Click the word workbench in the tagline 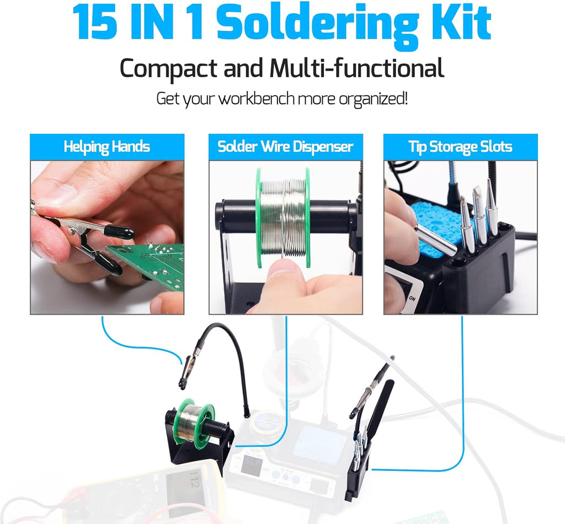pyautogui.click(x=257, y=99)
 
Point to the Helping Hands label pyautogui.click(x=106, y=147)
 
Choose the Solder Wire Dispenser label pyautogui.click(x=285, y=147)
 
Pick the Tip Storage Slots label pyautogui.click(x=460, y=147)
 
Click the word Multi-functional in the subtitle pyautogui.click(x=356, y=69)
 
